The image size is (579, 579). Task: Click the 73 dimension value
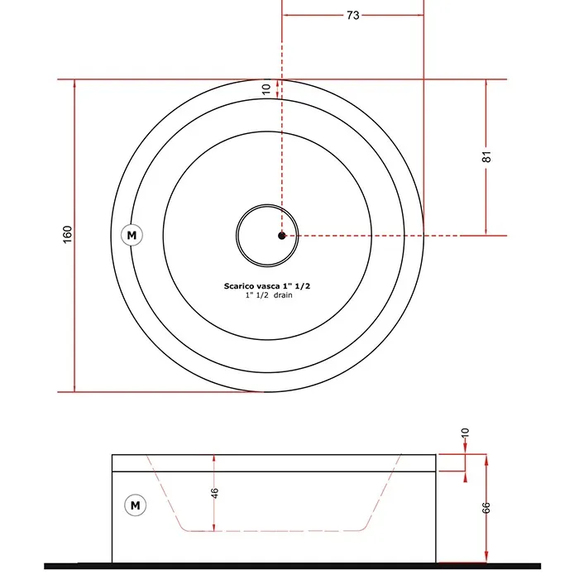pos(352,15)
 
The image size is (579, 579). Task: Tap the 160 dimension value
pos(67,234)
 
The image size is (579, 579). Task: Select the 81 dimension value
pos(486,156)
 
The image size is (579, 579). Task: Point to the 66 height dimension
pos(486,508)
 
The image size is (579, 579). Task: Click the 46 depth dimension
pos(214,493)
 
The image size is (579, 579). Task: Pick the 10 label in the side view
pos(465,433)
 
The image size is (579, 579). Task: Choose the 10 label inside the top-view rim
pos(266,89)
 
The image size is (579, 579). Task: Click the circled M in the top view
pos(132,235)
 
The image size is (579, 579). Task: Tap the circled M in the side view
pos(135,505)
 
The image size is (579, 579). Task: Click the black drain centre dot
pos(282,236)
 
